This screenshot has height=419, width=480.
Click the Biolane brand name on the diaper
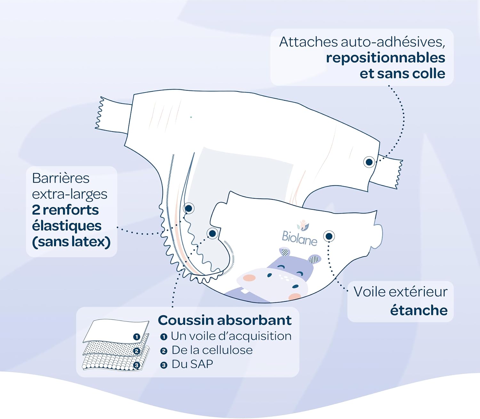[x=299, y=238]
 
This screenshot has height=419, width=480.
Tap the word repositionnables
[x=385, y=58]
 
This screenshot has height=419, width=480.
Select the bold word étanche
[x=419, y=310]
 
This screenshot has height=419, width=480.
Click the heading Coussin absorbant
[x=225, y=320]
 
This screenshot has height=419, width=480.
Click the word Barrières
[x=61, y=178]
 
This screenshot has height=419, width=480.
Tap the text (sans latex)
[x=71, y=242]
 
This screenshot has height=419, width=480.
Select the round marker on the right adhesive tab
[x=369, y=162]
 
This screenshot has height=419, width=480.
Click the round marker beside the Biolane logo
[x=329, y=236]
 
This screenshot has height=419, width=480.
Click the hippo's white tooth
[x=244, y=291]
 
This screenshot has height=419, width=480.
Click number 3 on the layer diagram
[x=137, y=365]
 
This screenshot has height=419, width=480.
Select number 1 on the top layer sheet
[x=137, y=337]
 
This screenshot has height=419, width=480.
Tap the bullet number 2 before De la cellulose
[x=164, y=351]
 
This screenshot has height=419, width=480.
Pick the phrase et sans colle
[x=402, y=74]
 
